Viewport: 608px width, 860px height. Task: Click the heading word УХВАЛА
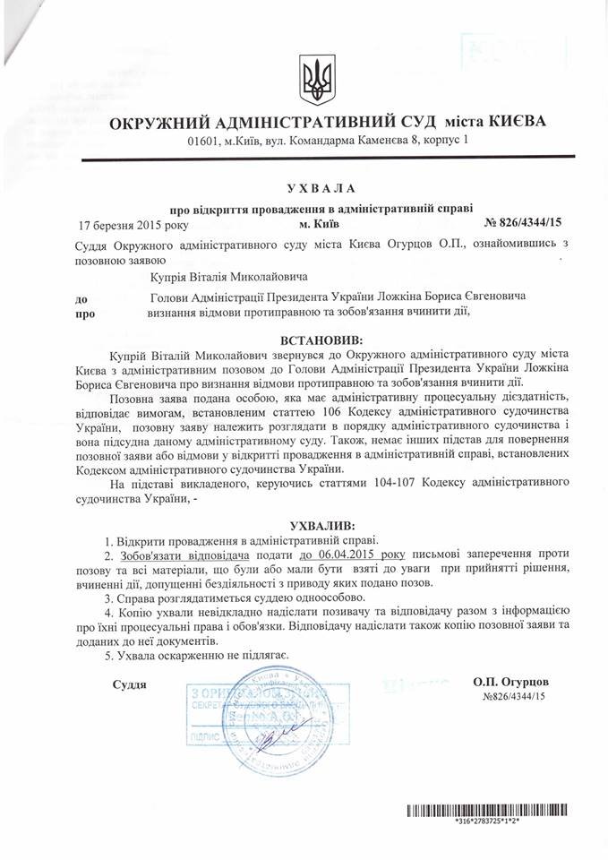coord(320,187)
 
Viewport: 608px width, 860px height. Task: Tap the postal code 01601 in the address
coord(204,142)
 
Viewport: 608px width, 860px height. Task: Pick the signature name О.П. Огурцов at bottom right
coord(511,682)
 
